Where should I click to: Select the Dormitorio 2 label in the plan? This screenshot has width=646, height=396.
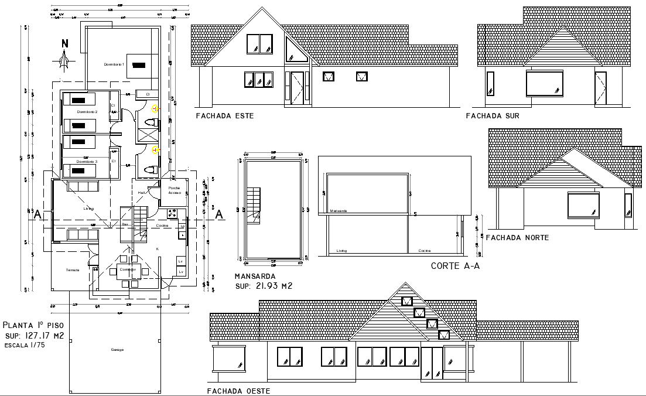click(x=87, y=111)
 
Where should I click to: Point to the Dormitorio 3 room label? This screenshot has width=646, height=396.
click(x=87, y=161)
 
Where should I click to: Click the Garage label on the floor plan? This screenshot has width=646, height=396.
click(x=117, y=350)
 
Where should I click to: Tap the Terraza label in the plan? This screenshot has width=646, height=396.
click(x=73, y=269)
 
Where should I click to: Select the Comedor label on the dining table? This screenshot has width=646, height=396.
click(x=127, y=269)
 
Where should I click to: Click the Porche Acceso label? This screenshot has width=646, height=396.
click(x=175, y=190)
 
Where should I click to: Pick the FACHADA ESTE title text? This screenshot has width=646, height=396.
click(x=225, y=116)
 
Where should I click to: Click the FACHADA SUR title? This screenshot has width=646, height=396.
click(x=492, y=116)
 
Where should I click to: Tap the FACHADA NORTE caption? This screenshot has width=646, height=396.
click(x=517, y=237)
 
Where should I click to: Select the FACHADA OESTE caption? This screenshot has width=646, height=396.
click(x=239, y=390)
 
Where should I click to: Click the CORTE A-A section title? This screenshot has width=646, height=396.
click(x=455, y=266)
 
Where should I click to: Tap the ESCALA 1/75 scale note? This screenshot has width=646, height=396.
click(x=25, y=345)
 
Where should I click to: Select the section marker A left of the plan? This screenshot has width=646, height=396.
click(x=37, y=214)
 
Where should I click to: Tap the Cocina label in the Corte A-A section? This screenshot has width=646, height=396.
click(x=425, y=251)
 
